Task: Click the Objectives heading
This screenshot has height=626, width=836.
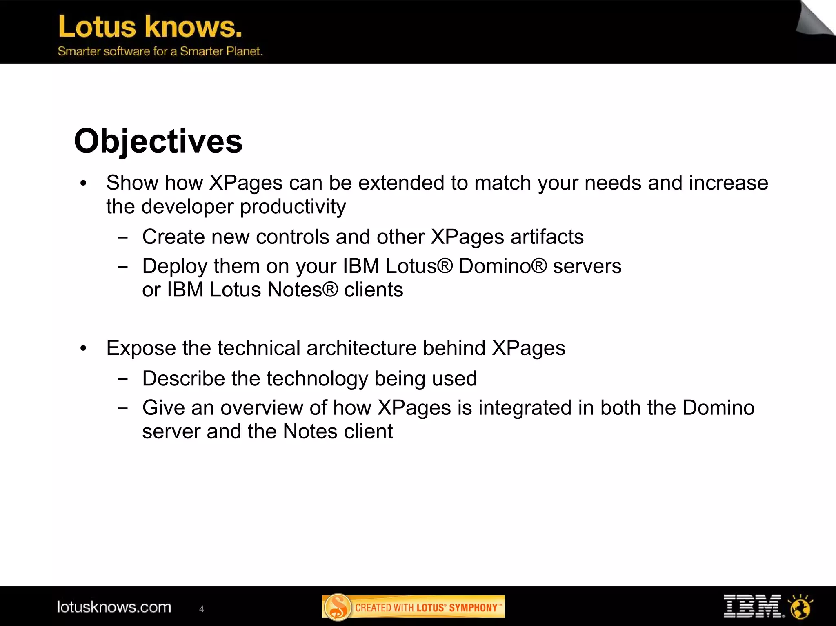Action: tap(158, 141)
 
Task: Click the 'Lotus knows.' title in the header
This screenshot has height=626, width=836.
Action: tap(150, 27)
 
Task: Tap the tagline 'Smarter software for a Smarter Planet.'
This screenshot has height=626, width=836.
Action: tap(160, 51)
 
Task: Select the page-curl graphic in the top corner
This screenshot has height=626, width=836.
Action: tap(814, 18)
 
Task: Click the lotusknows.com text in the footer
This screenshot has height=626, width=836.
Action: tap(114, 607)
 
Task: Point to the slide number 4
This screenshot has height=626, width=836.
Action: tap(201, 609)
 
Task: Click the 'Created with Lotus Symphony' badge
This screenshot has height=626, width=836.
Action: tap(413, 607)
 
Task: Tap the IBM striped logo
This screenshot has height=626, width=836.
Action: tap(753, 606)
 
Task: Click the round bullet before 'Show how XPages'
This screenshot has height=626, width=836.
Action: tap(84, 183)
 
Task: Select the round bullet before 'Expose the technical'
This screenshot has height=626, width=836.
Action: tap(84, 348)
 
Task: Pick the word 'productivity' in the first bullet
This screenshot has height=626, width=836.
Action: tap(293, 207)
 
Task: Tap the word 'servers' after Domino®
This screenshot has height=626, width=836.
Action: tap(587, 266)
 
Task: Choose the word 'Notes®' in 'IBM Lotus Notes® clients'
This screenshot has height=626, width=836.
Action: tap(302, 290)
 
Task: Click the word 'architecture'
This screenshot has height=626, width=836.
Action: tap(361, 348)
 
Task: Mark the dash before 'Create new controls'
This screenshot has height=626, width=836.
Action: tap(122, 237)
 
